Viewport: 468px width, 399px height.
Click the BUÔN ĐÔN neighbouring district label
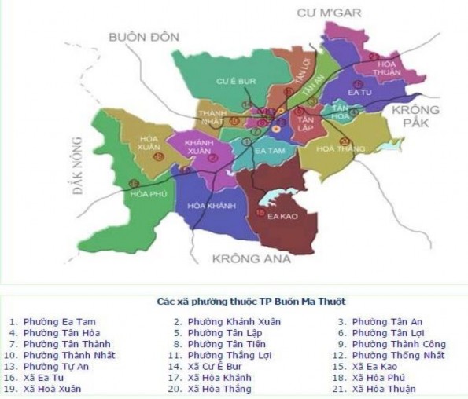coord(144,37)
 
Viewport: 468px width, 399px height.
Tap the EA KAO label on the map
coord(282,216)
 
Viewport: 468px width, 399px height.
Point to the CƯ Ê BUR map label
coord(235,81)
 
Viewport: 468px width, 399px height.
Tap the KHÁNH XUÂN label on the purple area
coord(201,146)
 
